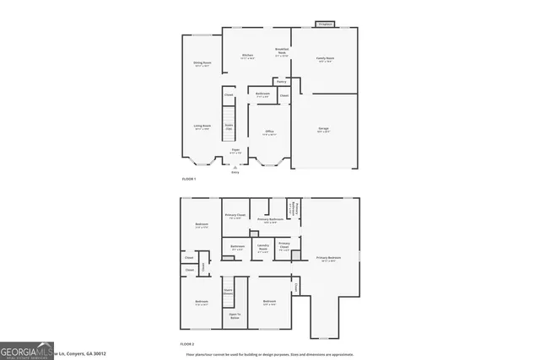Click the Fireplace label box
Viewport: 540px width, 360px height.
[325, 24]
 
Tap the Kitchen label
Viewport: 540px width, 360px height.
[248, 56]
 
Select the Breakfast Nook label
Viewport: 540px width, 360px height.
[283, 52]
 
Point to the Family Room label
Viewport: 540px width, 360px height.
[324, 60]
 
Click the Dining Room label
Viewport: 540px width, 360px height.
[202, 63]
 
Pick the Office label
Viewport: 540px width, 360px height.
[269, 132]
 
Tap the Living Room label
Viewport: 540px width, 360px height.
[202, 127]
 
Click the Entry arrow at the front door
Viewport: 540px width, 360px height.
[235, 168]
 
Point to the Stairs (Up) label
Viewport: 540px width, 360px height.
[229, 126]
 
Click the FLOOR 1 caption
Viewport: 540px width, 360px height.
[189, 180]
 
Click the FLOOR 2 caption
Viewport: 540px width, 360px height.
[187, 344]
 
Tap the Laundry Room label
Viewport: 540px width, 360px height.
[263, 248]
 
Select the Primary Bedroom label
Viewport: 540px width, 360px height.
[329, 259]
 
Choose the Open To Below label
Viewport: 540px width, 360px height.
[235, 316]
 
